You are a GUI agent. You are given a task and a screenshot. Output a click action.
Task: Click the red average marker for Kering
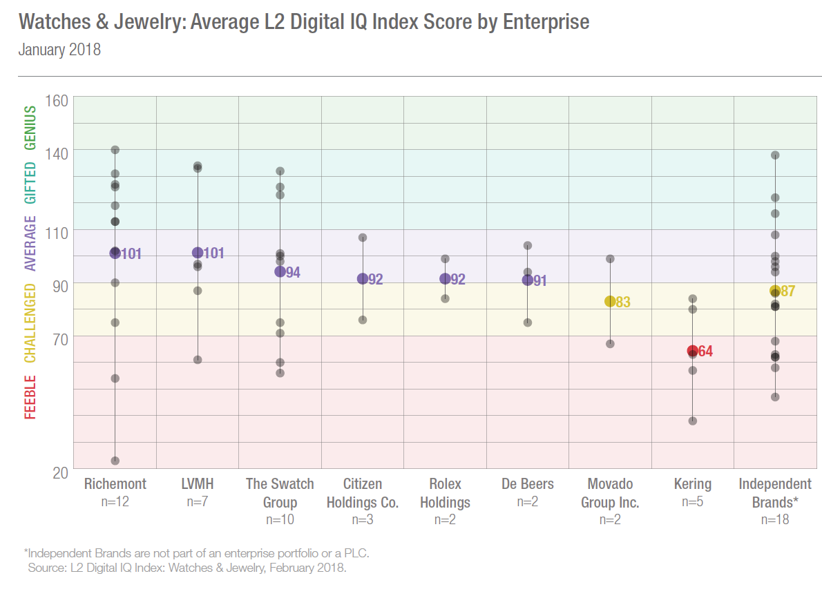[692, 352]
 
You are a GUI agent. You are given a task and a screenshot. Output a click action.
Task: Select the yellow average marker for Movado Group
[610, 301]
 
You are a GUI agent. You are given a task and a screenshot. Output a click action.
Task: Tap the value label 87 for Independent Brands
[788, 291]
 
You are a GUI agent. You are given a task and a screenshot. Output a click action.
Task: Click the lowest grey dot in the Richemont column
[115, 461]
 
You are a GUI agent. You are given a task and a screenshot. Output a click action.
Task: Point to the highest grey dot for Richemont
[115, 150]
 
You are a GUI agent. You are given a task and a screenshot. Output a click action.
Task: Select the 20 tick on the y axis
[59, 471]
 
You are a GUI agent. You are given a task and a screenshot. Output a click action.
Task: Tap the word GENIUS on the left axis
[30, 128]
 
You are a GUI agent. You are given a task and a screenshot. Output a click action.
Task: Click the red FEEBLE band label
[30, 397]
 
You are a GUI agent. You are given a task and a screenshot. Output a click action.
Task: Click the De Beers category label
[528, 483]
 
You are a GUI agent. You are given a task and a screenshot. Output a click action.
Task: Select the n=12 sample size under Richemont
[115, 501]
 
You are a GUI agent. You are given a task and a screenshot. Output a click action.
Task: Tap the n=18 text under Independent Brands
[775, 519]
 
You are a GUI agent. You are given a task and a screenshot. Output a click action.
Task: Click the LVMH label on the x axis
[197, 483]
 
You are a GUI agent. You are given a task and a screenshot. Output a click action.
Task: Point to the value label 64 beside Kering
[705, 352]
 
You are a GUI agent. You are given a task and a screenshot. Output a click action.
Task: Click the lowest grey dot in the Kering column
[692, 421]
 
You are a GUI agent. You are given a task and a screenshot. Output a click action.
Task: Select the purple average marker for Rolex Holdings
[446, 279]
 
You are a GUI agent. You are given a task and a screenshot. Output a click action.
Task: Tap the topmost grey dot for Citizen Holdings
[362, 238]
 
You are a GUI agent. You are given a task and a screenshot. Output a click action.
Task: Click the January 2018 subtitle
[59, 50]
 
